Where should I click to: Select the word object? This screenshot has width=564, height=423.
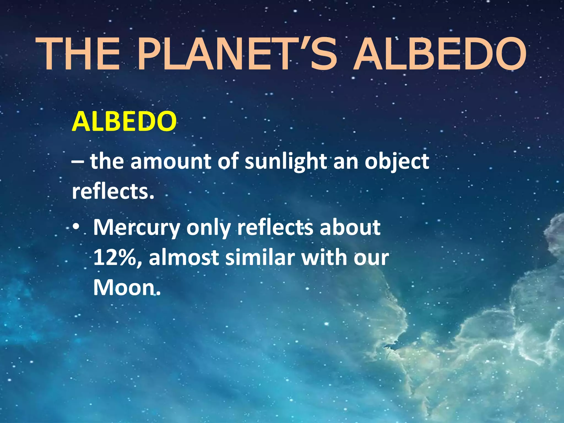[x=397, y=162]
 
